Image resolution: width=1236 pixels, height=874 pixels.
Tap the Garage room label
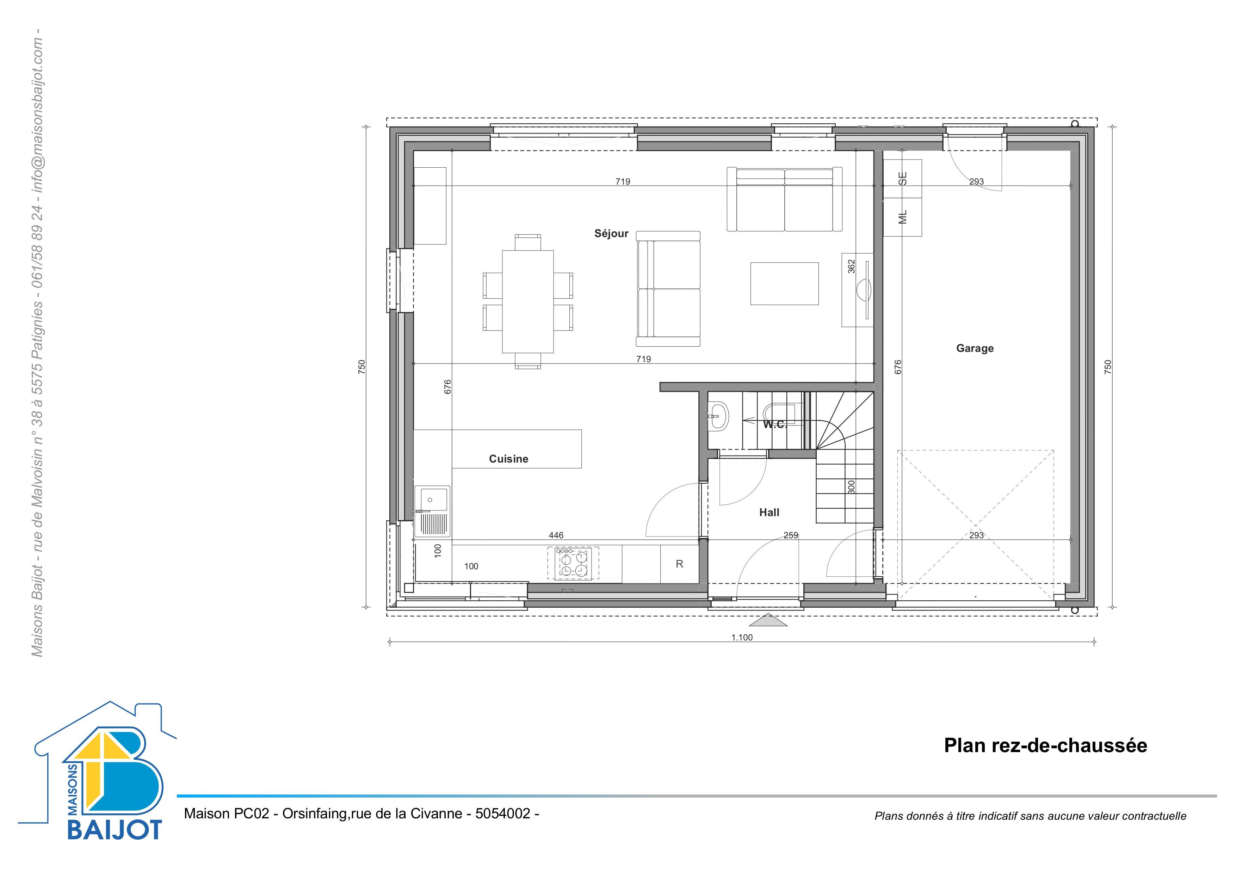pos(975,348)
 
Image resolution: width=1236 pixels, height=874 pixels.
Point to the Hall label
pos(769,512)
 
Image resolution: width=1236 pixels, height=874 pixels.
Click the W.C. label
pos(775,424)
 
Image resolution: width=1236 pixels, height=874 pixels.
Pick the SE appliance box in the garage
pos(903,179)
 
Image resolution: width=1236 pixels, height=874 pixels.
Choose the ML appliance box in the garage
pos(903,217)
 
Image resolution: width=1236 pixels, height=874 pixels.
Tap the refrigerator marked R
pos(679,564)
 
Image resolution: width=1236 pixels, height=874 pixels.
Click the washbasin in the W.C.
pos(718,416)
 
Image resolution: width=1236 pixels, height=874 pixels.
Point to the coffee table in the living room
pos(784,284)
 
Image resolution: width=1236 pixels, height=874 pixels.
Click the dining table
pos(527,302)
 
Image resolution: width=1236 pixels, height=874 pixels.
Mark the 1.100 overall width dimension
pos(742,637)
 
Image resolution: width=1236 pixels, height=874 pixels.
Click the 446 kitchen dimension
pos(556,535)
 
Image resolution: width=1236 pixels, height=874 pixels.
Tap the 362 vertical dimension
pos(851,266)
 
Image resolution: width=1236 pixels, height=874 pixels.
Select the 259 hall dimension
pos(791,535)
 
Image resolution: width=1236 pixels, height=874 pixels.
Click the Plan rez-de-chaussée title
pos(1045,745)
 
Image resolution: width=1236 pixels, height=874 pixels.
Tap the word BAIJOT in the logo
pos(114,829)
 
